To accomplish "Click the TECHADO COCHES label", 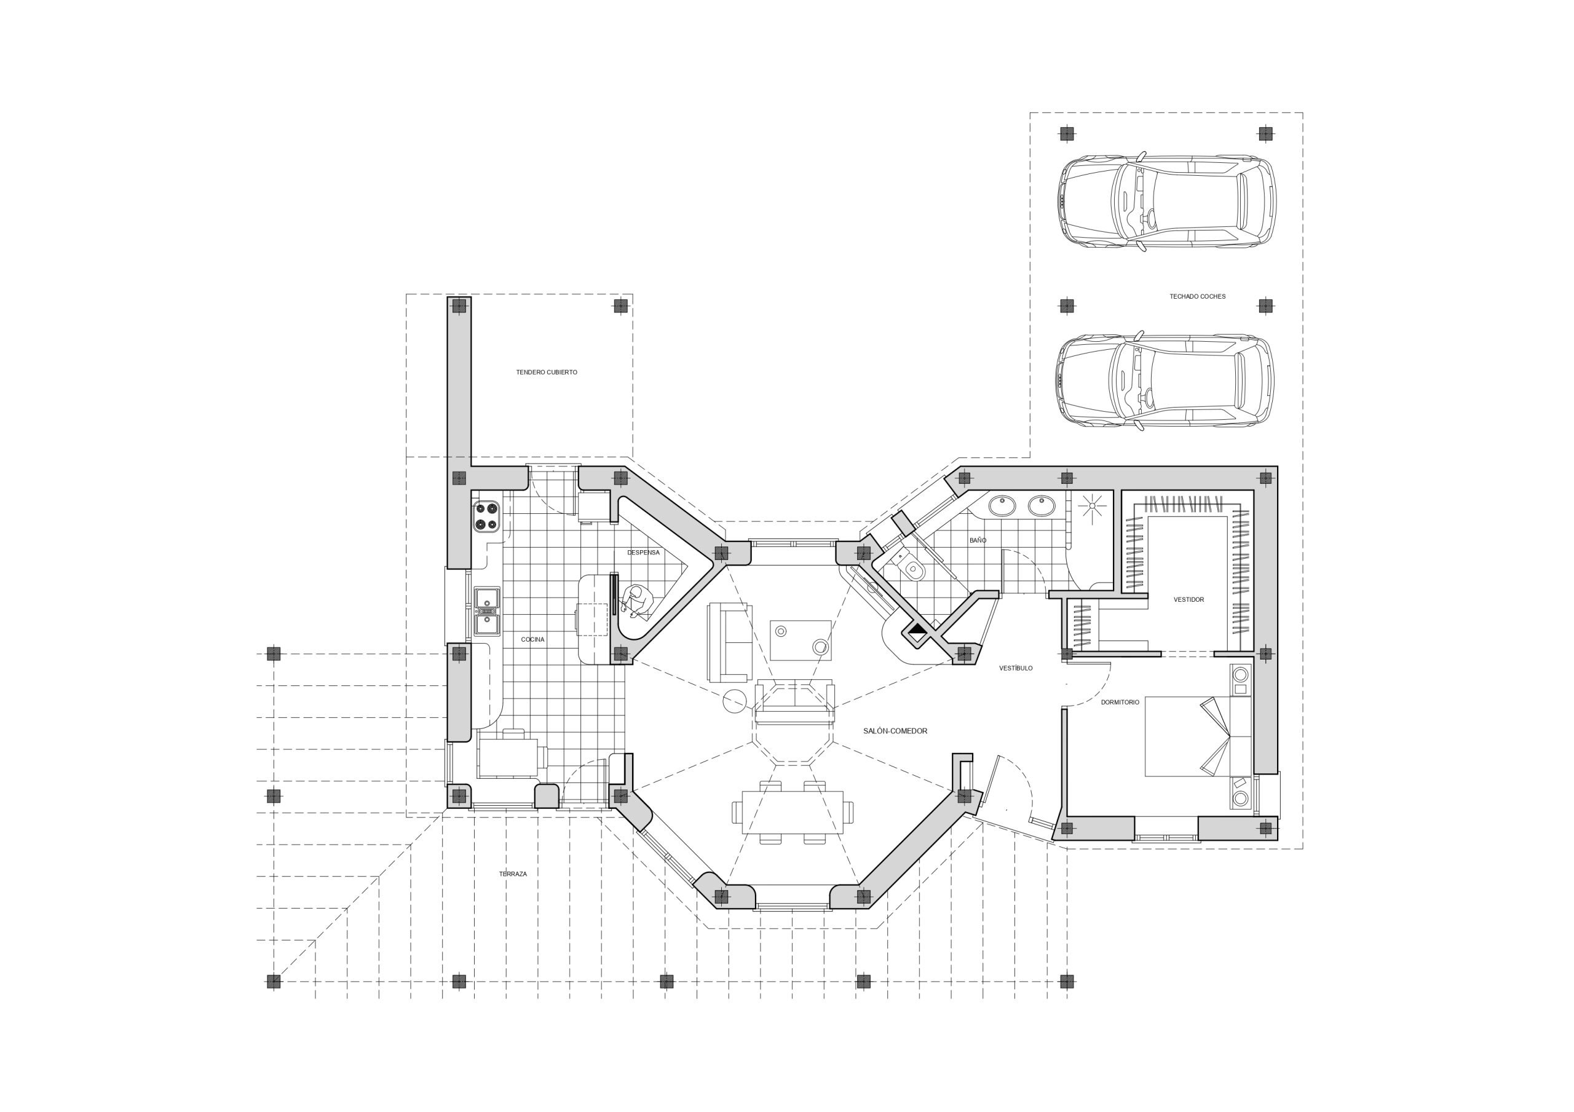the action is click(x=1197, y=297).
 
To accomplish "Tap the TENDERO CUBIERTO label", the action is click(x=547, y=373).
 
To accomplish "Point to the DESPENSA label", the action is click(x=643, y=553).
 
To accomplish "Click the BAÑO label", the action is click(x=978, y=540).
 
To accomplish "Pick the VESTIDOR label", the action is click(x=1188, y=600).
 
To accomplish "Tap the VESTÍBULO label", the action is click(x=1015, y=668).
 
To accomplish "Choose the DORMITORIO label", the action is click(x=1120, y=703).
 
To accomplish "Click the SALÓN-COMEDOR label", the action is click(x=895, y=731).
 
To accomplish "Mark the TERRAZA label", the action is click(x=513, y=874).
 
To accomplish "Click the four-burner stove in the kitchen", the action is click(x=485, y=517).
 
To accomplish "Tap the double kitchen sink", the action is click(x=488, y=612).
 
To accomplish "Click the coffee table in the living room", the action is click(x=801, y=640).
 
